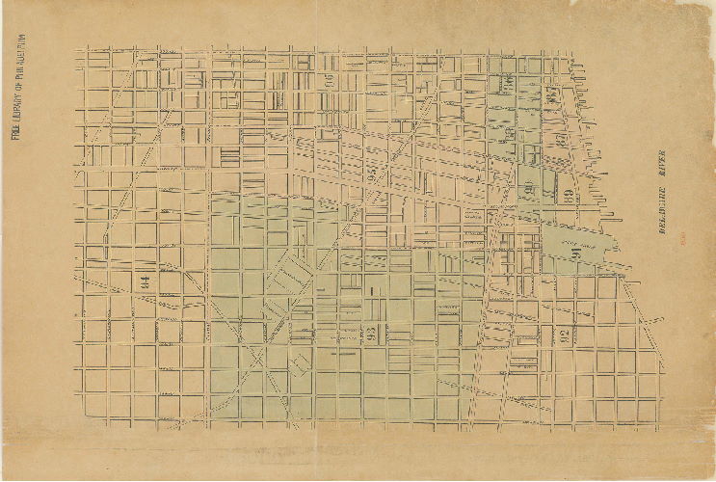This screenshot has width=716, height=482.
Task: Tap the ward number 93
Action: pos(371,335)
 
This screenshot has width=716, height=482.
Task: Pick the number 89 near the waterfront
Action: pos(568,196)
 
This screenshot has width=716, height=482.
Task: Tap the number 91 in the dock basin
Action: pos(575,254)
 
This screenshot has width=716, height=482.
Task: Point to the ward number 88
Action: pos(560,141)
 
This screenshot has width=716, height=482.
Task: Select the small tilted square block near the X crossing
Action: pos(300,363)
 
